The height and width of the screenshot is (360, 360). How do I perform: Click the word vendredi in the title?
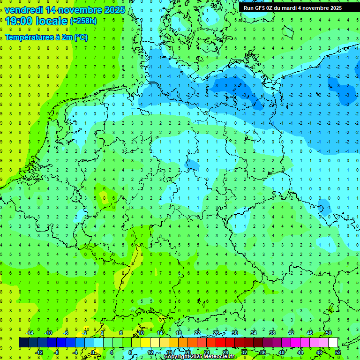coord(24,10)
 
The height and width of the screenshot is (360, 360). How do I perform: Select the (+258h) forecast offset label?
coord(83,21)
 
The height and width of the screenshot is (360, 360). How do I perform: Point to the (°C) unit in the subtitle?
coord(81,37)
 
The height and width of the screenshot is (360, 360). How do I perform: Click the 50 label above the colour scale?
coord(329,333)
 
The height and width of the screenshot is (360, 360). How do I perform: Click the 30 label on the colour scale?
coord(235,333)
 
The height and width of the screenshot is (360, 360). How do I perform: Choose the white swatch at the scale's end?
coord(333,343)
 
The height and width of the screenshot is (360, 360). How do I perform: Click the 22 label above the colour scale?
coord(197,333)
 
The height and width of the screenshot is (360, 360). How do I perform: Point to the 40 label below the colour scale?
coord(282,352)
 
